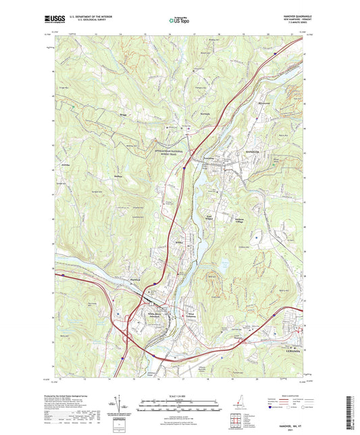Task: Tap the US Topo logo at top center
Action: [x=179, y=21]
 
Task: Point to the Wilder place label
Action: [x=179, y=242]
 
